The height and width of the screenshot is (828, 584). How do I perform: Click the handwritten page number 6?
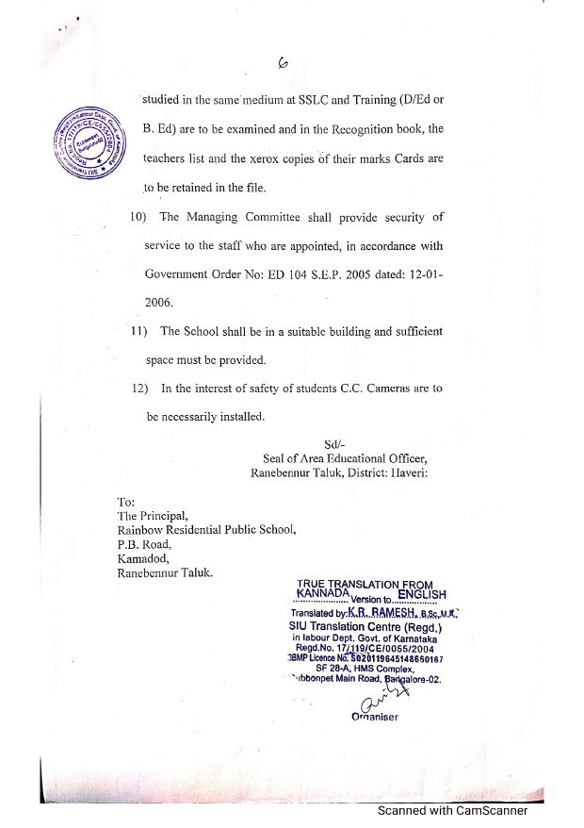click(x=284, y=63)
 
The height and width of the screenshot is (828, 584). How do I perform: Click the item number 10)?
click(x=141, y=218)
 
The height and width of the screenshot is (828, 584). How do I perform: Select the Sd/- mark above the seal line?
click(x=335, y=444)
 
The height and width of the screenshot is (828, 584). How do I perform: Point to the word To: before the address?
click(x=126, y=502)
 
